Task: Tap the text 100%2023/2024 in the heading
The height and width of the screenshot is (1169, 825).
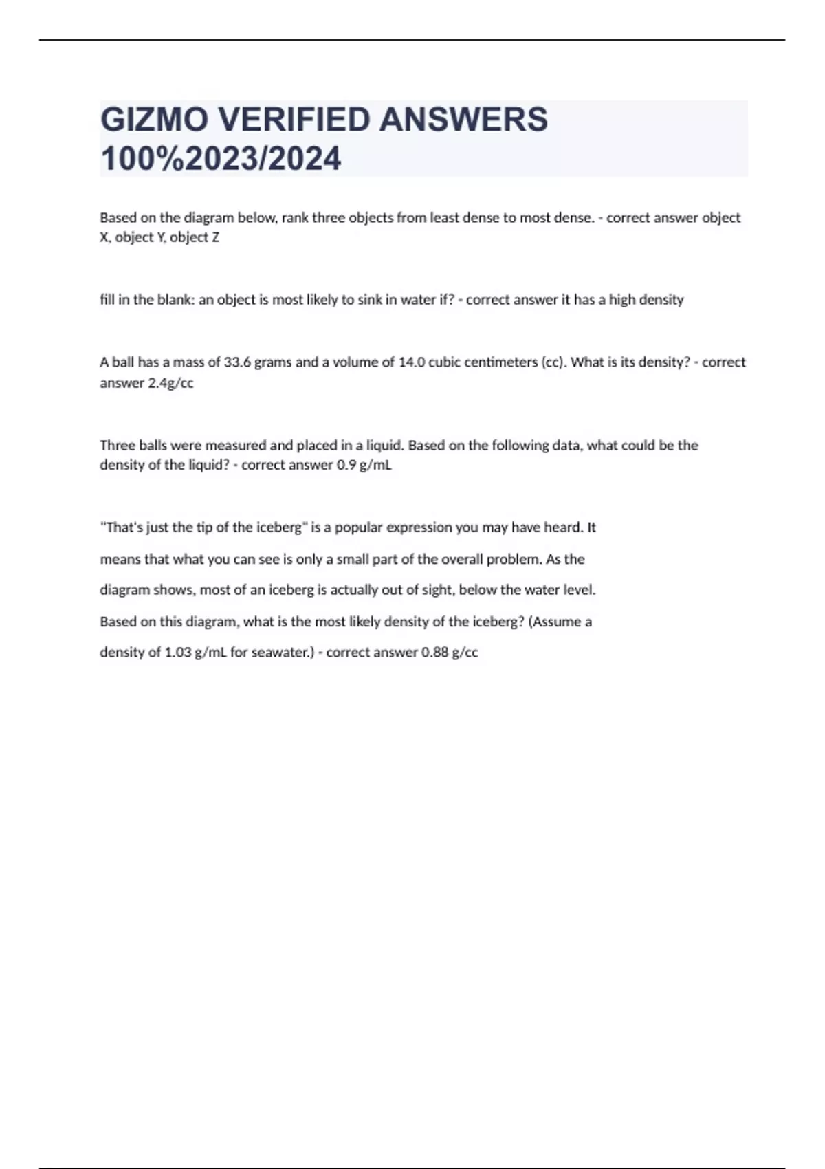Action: (x=221, y=159)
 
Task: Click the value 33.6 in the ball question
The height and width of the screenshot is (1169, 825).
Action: (x=237, y=362)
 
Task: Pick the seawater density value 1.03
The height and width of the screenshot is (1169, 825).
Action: (x=178, y=652)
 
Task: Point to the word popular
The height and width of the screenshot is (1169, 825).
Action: (x=357, y=527)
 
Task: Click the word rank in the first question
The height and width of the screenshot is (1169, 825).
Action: (x=295, y=218)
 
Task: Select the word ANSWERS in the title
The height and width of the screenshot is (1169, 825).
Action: (x=464, y=120)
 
